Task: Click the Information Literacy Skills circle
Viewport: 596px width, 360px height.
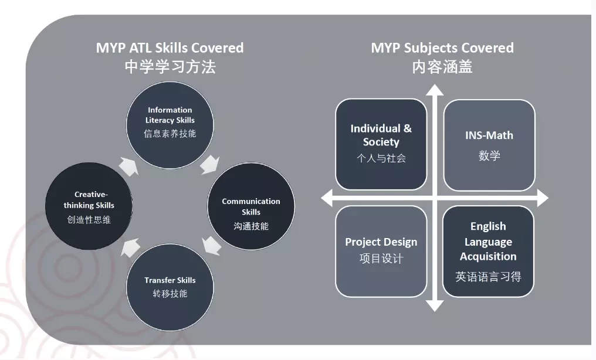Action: coord(170,125)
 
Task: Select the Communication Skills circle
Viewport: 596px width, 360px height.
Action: coord(251,206)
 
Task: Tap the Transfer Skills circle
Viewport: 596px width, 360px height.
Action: coord(170,287)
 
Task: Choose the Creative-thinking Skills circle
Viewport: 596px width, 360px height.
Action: coord(89,206)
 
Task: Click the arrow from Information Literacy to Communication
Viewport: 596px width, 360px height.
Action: coord(210,164)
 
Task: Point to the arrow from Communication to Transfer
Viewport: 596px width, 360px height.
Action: coord(211,246)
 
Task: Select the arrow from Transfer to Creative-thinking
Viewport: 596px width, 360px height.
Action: coord(130,247)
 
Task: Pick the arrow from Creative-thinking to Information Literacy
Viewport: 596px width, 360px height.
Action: coord(128,167)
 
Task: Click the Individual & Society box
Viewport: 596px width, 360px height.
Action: coord(381,144)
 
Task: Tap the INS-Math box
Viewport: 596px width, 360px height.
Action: coord(489,145)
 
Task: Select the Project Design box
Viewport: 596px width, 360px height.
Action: coord(381,251)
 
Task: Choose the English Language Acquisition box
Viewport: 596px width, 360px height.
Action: coord(489,252)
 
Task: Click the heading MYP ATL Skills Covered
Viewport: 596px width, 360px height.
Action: coord(170,48)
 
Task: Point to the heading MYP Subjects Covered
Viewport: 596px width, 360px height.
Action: coord(442,48)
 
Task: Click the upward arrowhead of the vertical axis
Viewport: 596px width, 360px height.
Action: coord(435,90)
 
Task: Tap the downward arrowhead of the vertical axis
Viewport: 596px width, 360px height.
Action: coord(435,306)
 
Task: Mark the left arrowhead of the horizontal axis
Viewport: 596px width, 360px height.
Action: coord(327,198)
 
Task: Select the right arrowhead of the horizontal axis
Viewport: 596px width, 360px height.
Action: coord(543,198)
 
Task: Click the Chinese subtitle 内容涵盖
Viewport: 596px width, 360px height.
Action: coord(442,67)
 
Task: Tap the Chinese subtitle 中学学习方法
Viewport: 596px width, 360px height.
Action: coord(170,67)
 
